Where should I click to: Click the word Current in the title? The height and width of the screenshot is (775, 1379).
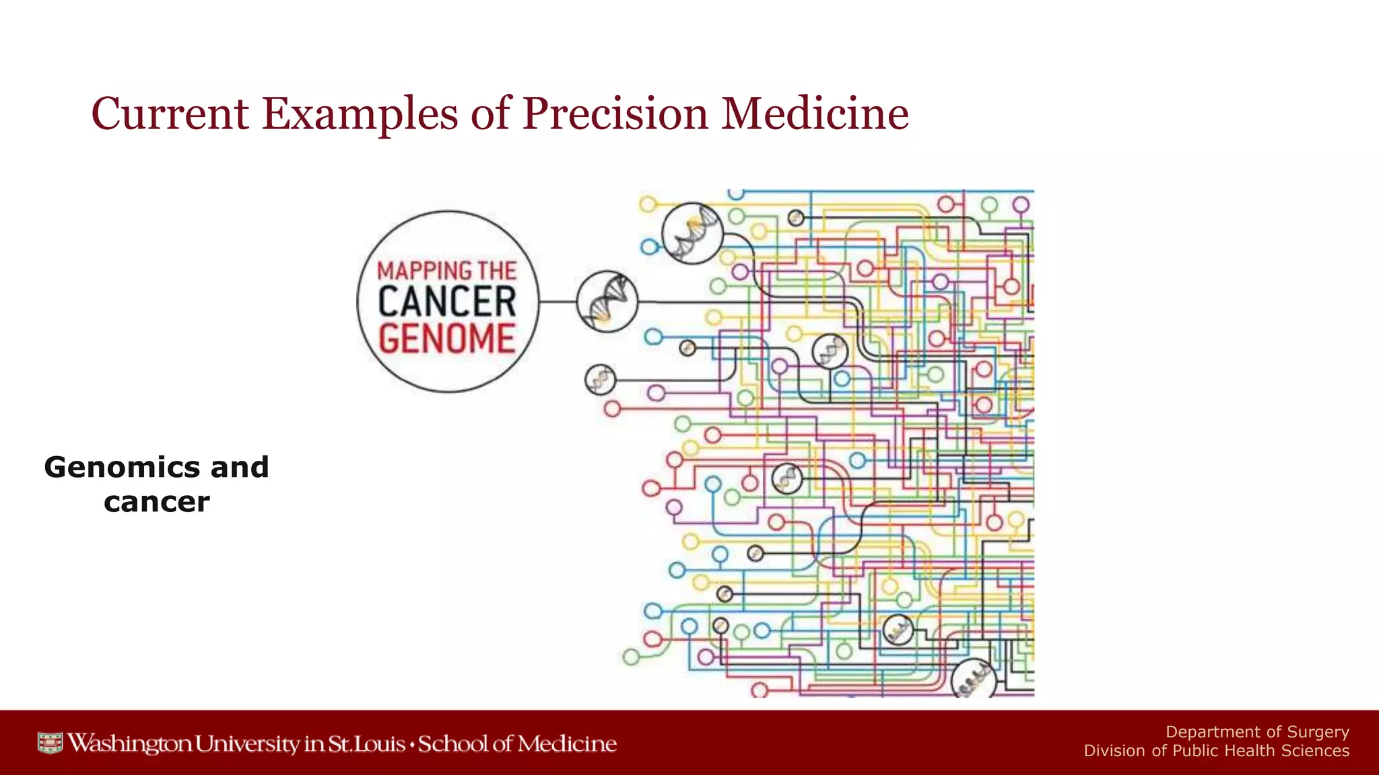170,113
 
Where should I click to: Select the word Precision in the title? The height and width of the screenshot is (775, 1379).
615,113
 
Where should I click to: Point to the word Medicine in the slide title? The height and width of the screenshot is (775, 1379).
815,113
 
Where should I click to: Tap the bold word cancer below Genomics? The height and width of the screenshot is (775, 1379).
157,502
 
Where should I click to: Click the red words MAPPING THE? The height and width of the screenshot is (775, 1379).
447,271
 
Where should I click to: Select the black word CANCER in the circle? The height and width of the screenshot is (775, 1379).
447,302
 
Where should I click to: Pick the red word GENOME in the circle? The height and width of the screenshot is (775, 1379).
447,338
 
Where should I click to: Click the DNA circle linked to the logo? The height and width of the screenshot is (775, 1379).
607,301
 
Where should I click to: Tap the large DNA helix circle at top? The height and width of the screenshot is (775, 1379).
692,233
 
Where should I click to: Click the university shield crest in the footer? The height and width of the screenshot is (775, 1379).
50,743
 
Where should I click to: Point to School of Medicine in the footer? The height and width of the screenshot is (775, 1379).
517,743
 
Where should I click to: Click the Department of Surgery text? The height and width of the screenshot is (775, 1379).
1257,732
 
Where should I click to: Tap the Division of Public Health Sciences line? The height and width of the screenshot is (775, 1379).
1216,751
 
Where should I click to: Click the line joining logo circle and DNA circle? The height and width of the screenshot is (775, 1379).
558,301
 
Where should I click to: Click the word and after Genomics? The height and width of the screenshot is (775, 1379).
240,467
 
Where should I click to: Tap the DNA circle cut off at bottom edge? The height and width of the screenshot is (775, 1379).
973,679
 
